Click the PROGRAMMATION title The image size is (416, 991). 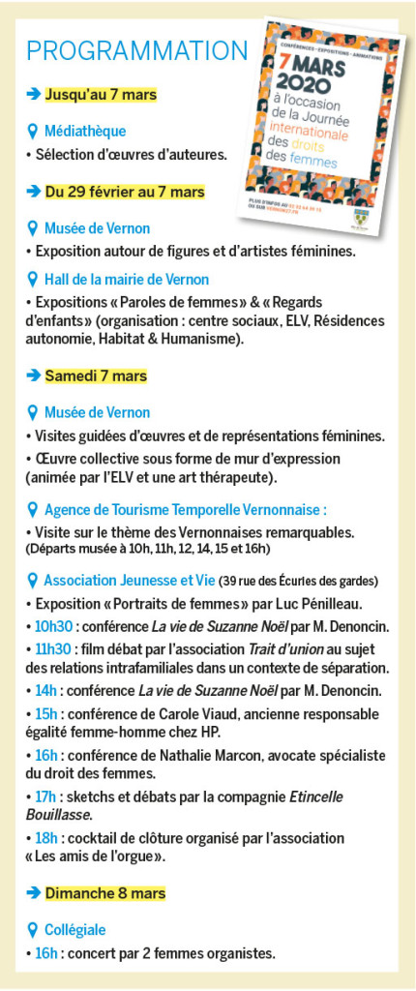pos(136,49)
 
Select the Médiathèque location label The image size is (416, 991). pos(85,131)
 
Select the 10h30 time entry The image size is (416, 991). pos(50,626)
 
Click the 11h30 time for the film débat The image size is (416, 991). pos(50,648)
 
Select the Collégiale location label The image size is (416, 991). pos(74,929)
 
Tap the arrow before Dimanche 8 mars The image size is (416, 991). pos(33,892)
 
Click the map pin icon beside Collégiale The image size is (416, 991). pos(33,929)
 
